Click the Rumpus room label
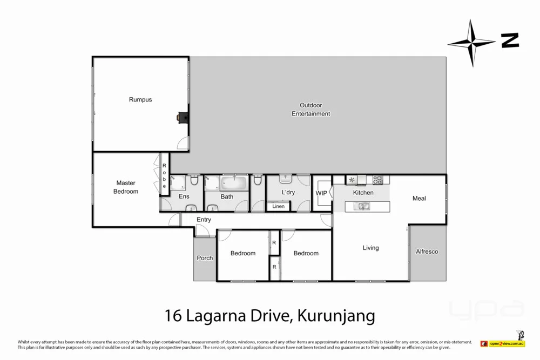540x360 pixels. [x=140, y=100]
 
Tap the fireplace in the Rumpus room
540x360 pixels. [x=183, y=117]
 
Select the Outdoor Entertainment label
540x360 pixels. [x=311, y=110]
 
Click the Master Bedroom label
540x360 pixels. [x=126, y=187]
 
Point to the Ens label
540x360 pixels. [x=184, y=197]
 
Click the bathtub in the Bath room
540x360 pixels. [x=234, y=183]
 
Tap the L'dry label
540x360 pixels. [x=288, y=193]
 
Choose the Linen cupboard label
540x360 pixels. [x=279, y=206]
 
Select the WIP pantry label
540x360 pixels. [x=321, y=193]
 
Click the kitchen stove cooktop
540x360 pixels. [x=377, y=179]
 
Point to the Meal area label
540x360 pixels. [x=419, y=199]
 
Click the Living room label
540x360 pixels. [x=370, y=248]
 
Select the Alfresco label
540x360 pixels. [x=427, y=252]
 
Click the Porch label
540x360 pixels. [x=205, y=258]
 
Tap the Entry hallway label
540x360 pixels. [x=204, y=220]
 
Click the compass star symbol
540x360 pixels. [x=471, y=42]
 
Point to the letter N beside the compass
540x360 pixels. [x=509, y=40]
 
